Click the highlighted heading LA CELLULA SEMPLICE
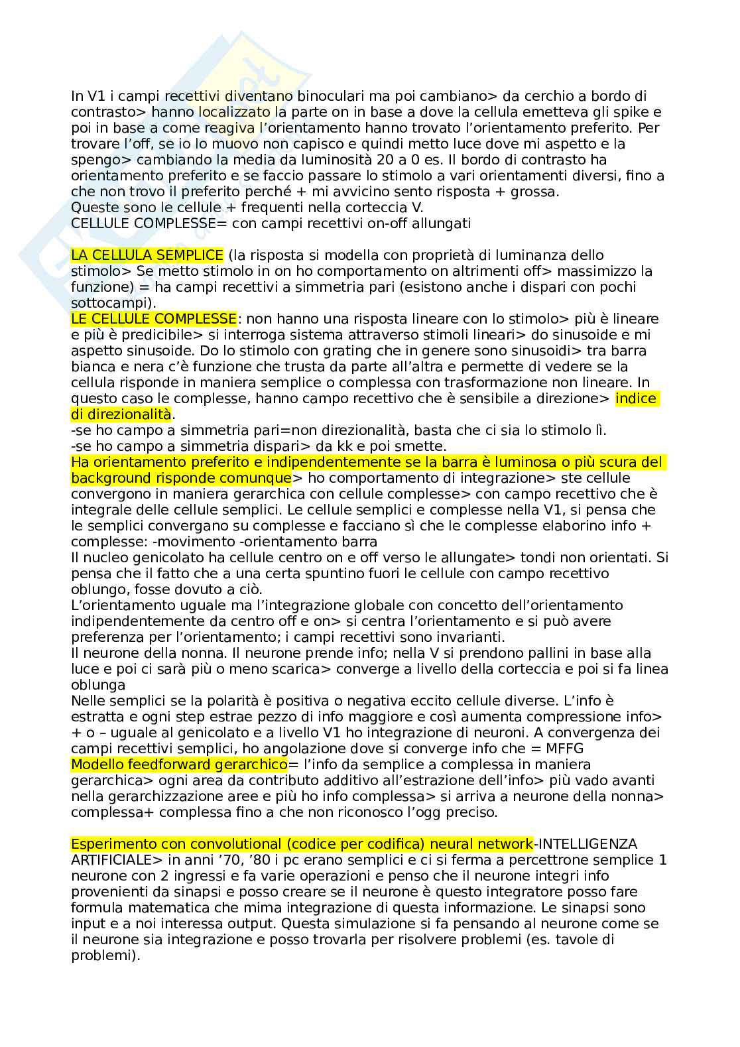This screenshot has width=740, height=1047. (x=147, y=255)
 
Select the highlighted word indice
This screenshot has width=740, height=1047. (x=637, y=399)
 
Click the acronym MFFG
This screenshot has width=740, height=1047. (x=564, y=749)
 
